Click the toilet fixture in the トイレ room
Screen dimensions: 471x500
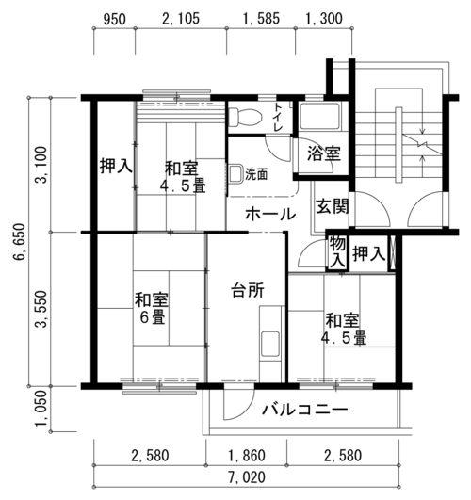[246, 117]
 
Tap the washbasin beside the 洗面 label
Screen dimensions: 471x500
[235, 174]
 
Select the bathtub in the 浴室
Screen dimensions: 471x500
[320, 116]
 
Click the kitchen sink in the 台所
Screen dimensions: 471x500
[270, 345]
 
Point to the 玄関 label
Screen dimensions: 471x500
[332, 206]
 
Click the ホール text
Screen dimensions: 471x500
[270, 214]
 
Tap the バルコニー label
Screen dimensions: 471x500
[305, 409]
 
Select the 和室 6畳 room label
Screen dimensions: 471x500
[152, 308]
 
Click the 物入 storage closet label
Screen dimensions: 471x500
[337, 252]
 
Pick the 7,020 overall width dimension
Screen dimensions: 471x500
[247, 477]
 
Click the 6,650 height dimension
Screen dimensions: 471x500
[19, 242]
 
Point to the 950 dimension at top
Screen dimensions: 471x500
[114, 19]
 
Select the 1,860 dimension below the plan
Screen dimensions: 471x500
[247, 456]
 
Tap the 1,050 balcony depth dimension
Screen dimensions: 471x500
[41, 409]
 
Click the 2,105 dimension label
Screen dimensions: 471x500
[181, 19]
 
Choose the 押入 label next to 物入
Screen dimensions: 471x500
[369, 254]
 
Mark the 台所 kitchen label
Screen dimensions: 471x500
[248, 290]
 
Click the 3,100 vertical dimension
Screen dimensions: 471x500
[41, 165]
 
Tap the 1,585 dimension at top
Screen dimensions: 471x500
[261, 19]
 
